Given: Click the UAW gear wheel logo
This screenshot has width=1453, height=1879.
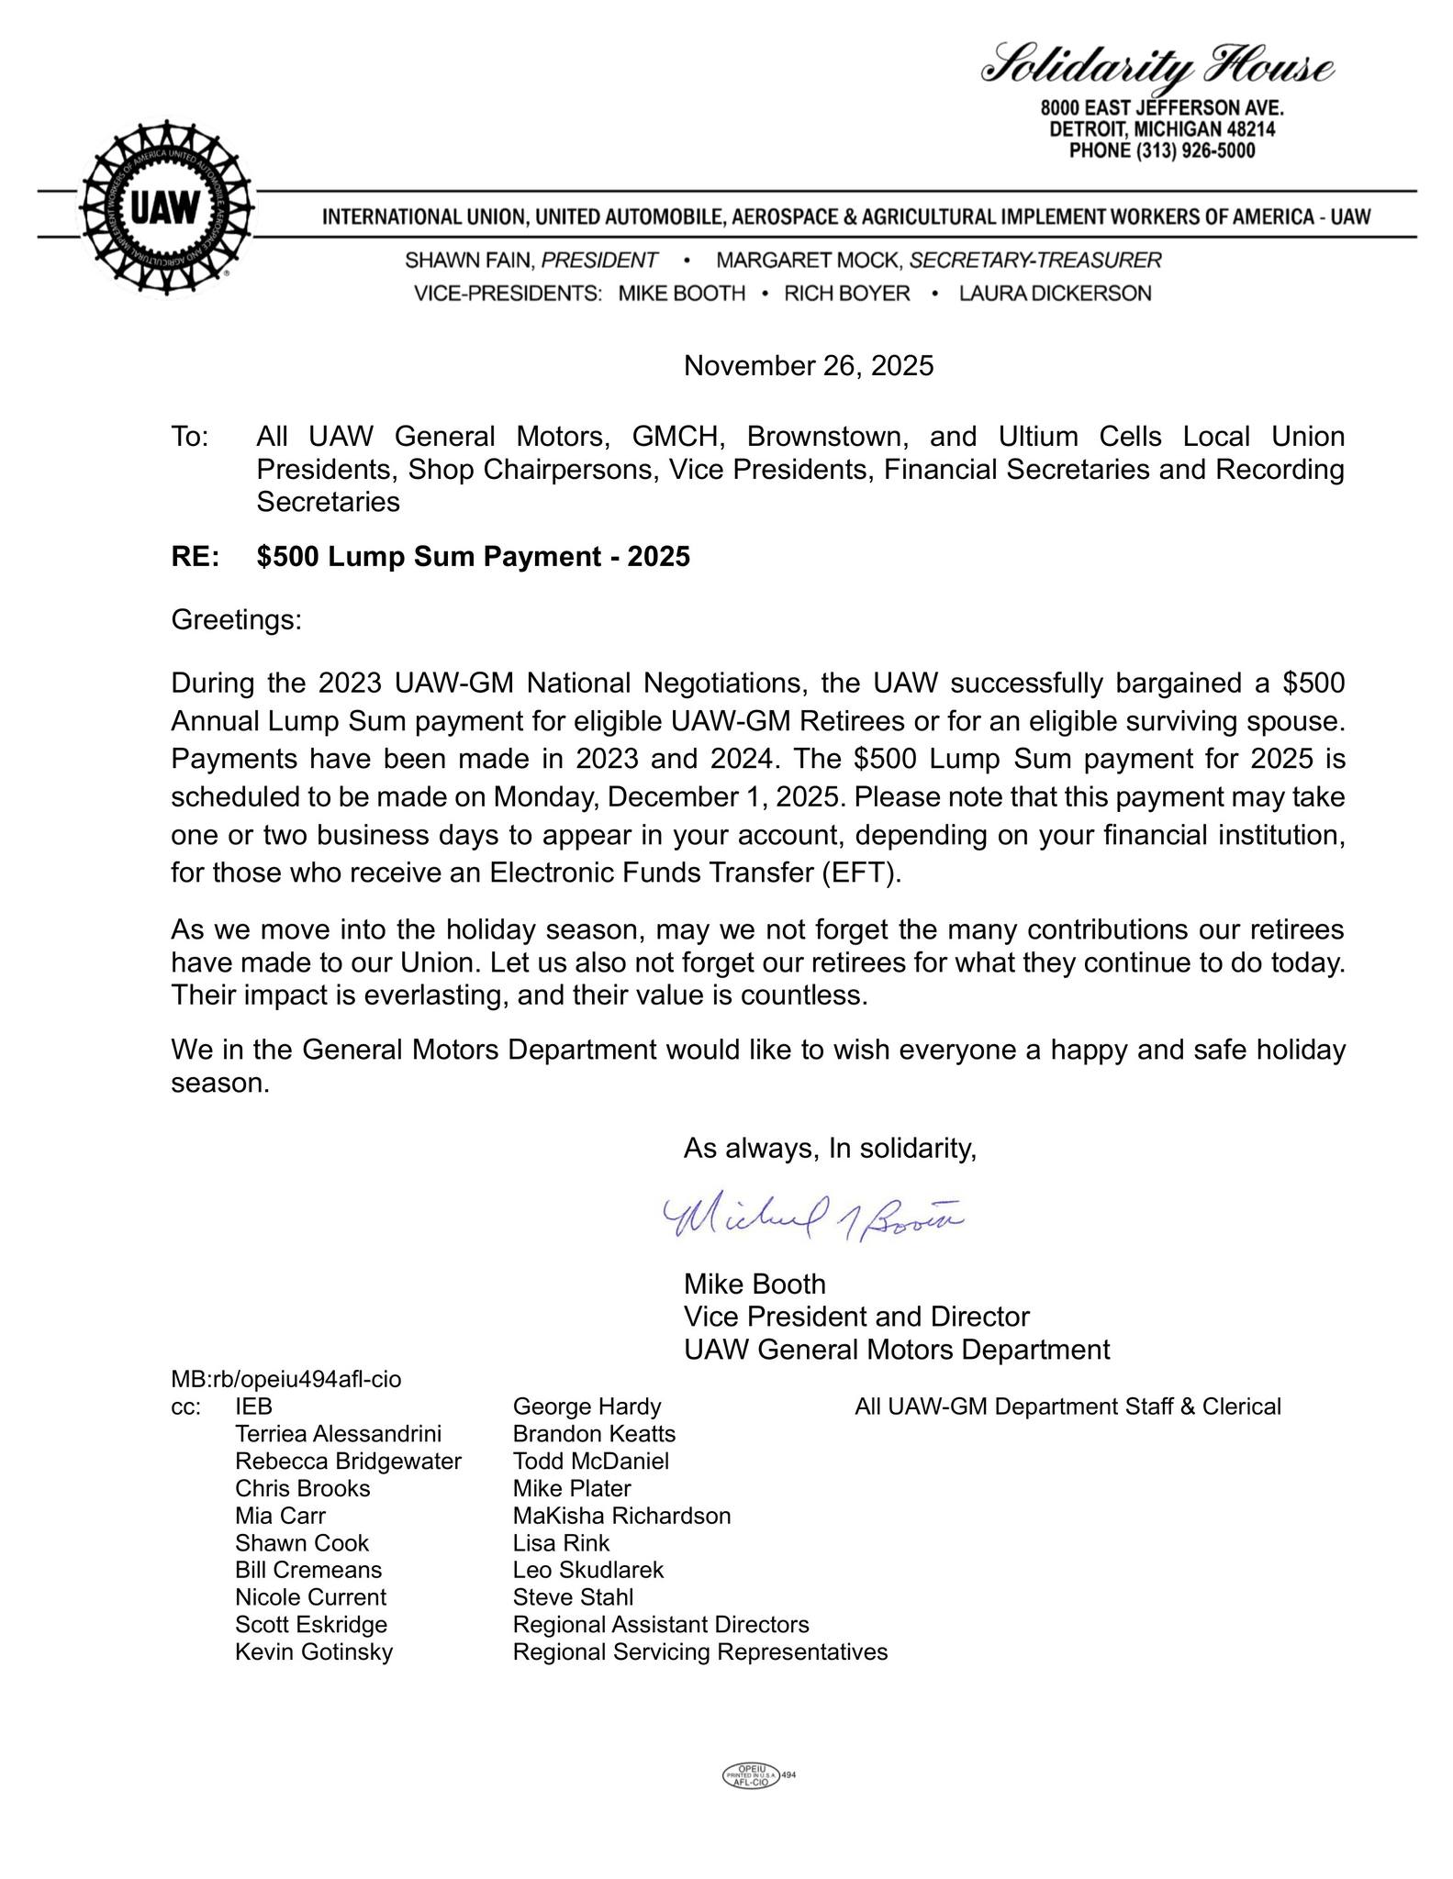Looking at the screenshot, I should tap(165, 208).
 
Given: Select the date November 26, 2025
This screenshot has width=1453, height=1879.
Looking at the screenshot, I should tap(808, 366).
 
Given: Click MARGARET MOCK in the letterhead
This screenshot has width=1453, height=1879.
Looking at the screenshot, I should tap(810, 261).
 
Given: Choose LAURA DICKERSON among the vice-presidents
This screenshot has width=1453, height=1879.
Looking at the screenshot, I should tap(1055, 294).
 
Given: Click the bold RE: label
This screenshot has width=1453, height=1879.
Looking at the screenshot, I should tap(195, 557).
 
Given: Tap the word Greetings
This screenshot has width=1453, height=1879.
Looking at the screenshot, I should tap(236, 620).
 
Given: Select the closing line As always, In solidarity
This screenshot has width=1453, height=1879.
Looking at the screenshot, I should tap(830, 1149).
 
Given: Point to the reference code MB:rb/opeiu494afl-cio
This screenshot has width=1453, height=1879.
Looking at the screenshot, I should tap(285, 1379).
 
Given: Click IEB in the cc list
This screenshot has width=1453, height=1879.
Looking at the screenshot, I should tap(253, 1406).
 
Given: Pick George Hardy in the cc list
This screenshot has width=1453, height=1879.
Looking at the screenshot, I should tap(587, 1406).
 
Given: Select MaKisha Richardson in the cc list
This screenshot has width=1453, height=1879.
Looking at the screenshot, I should tap(621, 1516).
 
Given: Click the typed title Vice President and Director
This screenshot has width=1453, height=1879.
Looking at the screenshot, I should tap(856, 1317).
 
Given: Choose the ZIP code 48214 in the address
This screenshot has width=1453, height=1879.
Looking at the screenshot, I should tap(1245, 129).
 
